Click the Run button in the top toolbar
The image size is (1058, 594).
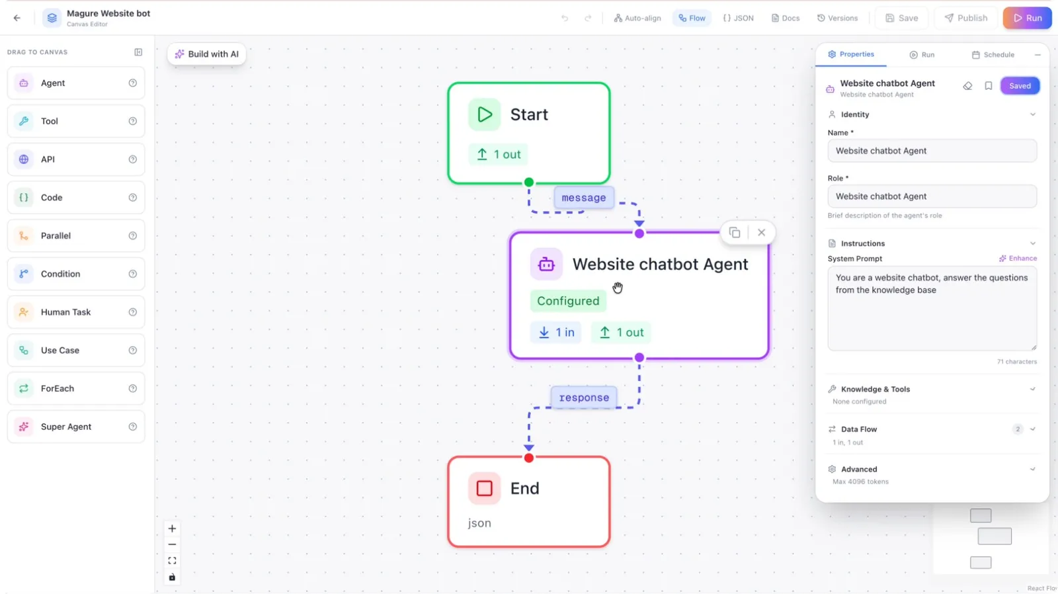point(1028,18)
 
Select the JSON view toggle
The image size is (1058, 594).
point(738,18)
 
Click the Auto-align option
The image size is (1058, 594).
point(637,18)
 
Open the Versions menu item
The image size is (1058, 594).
point(837,18)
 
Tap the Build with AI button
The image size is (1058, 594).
point(207,54)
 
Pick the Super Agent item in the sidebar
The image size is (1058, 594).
point(76,426)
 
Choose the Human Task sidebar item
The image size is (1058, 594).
point(76,312)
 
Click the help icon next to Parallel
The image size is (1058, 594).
point(133,235)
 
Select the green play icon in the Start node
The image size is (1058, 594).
point(484,114)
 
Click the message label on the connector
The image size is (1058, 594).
point(584,198)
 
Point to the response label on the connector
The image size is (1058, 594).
point(584,398)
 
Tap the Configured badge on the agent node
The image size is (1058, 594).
point(568,301)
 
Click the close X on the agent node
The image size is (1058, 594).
point(761,232)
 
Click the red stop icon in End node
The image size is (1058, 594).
point(484,488)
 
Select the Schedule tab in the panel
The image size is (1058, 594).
point(993,55)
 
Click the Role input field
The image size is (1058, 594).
point(932,196)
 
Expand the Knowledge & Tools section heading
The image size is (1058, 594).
point(875,389)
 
